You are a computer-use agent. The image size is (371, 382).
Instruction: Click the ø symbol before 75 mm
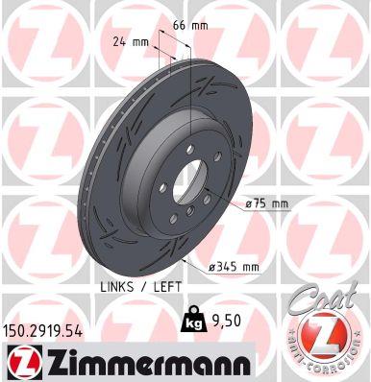249,204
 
